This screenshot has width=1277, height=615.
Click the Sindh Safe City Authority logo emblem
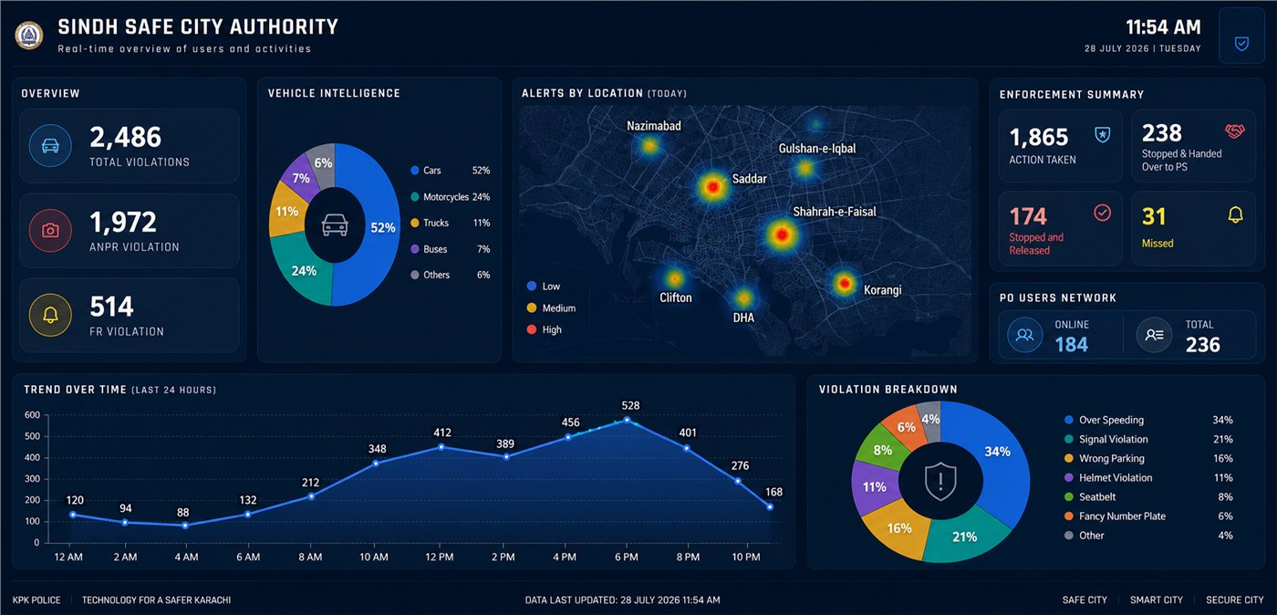click(29, 36)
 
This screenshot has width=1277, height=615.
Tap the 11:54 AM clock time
click(1163, 26)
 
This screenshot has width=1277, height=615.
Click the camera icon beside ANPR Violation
click(50, 231)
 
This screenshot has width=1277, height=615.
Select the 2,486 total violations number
click(126, 137)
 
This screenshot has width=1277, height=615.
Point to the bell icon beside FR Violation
click(50, 315)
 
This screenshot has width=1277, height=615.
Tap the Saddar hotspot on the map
click(712, 186)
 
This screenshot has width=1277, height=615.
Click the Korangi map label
click(883, 290)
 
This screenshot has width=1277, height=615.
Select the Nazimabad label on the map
click(654, 126)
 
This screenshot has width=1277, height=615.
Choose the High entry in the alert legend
click(545, 329)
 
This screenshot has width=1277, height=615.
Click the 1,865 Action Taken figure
click(1039, 137)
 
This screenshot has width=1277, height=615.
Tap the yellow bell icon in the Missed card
click(1235, 214)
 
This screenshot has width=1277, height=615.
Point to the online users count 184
click(1071, 345)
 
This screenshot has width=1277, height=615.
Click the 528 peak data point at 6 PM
click(628, 420)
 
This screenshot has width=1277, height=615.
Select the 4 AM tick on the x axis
click(186, 557)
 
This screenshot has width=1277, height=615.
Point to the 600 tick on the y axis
click(32, 415)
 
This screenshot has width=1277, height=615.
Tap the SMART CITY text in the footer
click(1157, 600)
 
